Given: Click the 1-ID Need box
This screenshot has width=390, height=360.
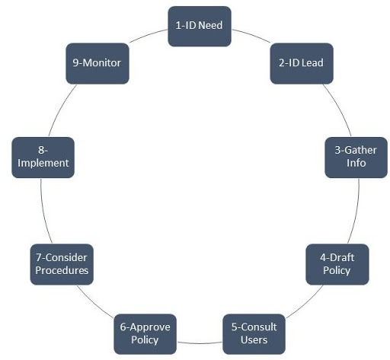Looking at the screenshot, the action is tap(200, 27).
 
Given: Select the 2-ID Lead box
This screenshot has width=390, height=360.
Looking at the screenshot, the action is tap(302, 63).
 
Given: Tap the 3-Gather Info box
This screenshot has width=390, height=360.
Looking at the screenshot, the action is tap(356, 158).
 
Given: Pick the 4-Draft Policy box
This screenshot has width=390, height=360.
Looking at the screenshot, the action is tap(337, 264).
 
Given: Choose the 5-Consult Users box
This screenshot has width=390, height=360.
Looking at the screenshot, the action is tap(254, 334).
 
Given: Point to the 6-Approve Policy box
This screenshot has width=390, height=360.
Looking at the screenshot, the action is tap(145, 334).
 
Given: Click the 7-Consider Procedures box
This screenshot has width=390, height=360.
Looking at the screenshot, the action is tap(62, 264).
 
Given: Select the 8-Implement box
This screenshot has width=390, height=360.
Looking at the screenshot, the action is tap(43, 158).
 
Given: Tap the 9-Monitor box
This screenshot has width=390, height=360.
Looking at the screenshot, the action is tap(97, 63).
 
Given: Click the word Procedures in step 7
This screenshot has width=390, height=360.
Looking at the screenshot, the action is tap(62, 270).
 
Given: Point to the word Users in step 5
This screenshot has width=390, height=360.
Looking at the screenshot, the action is tap(254, 339).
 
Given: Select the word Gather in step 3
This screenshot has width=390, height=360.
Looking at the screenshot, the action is tap(361, 150).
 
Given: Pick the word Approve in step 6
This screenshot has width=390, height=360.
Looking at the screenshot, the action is tap(150, 327).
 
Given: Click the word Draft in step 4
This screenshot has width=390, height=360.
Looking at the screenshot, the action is tap(342, 258).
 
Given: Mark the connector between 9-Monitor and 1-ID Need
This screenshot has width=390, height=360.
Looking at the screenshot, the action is tap(149, 35).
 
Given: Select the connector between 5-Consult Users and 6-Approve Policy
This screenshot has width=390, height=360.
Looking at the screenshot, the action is tap(200, 343).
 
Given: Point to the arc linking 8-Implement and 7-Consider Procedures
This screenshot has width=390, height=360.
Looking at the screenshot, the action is tap(44, 212).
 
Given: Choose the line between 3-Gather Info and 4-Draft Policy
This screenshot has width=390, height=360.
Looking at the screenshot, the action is tap(356, 212).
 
